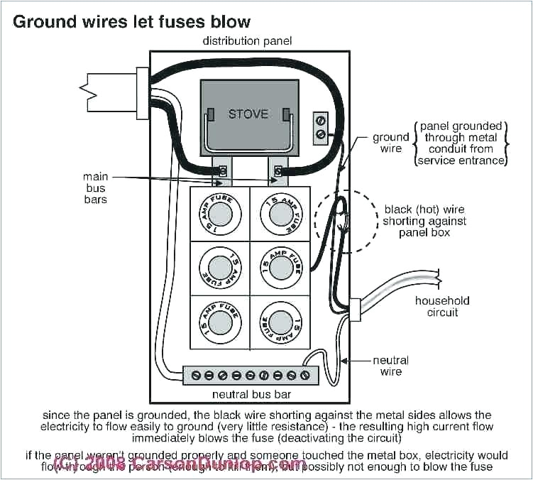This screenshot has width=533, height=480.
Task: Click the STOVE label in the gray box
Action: tap(248, 114)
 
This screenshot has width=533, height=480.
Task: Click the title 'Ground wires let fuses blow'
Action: tap(132, 21)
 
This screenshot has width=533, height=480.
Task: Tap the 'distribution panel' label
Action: tap(247, 41)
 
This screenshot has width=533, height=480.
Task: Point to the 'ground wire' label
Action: tap(391, 143)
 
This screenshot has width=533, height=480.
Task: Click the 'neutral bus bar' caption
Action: tap(251, 394)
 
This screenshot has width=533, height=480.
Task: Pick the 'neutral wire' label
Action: tap(391, 366)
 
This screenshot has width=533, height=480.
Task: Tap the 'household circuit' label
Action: tap(442, 306)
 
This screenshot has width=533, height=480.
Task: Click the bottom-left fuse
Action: tap(219, 323)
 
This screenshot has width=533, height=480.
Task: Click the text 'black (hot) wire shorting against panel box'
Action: tap(424, 221)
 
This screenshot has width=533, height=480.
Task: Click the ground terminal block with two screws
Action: tap(321, 126)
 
